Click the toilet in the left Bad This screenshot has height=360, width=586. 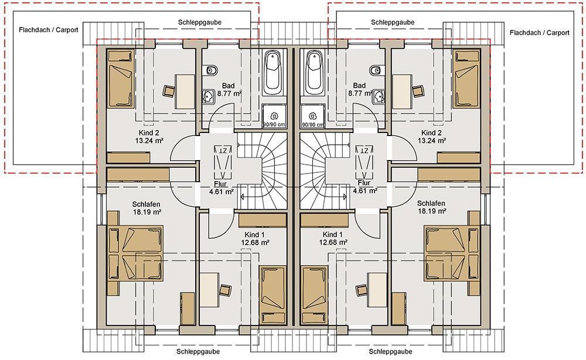212,70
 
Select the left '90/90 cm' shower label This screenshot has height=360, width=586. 274,124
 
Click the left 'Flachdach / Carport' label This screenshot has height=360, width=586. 49,30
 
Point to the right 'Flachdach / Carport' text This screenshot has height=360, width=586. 539,33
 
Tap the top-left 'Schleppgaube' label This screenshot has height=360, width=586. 200,22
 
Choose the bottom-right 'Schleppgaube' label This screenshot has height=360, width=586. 390,351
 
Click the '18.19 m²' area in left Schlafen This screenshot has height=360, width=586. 147,212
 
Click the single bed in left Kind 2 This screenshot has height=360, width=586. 121,80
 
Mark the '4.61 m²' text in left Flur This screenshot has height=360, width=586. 222,191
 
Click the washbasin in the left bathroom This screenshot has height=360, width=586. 208,97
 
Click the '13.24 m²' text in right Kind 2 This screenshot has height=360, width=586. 432,141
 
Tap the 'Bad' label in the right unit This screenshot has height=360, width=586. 359,86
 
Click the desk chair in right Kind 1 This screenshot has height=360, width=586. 362,290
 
